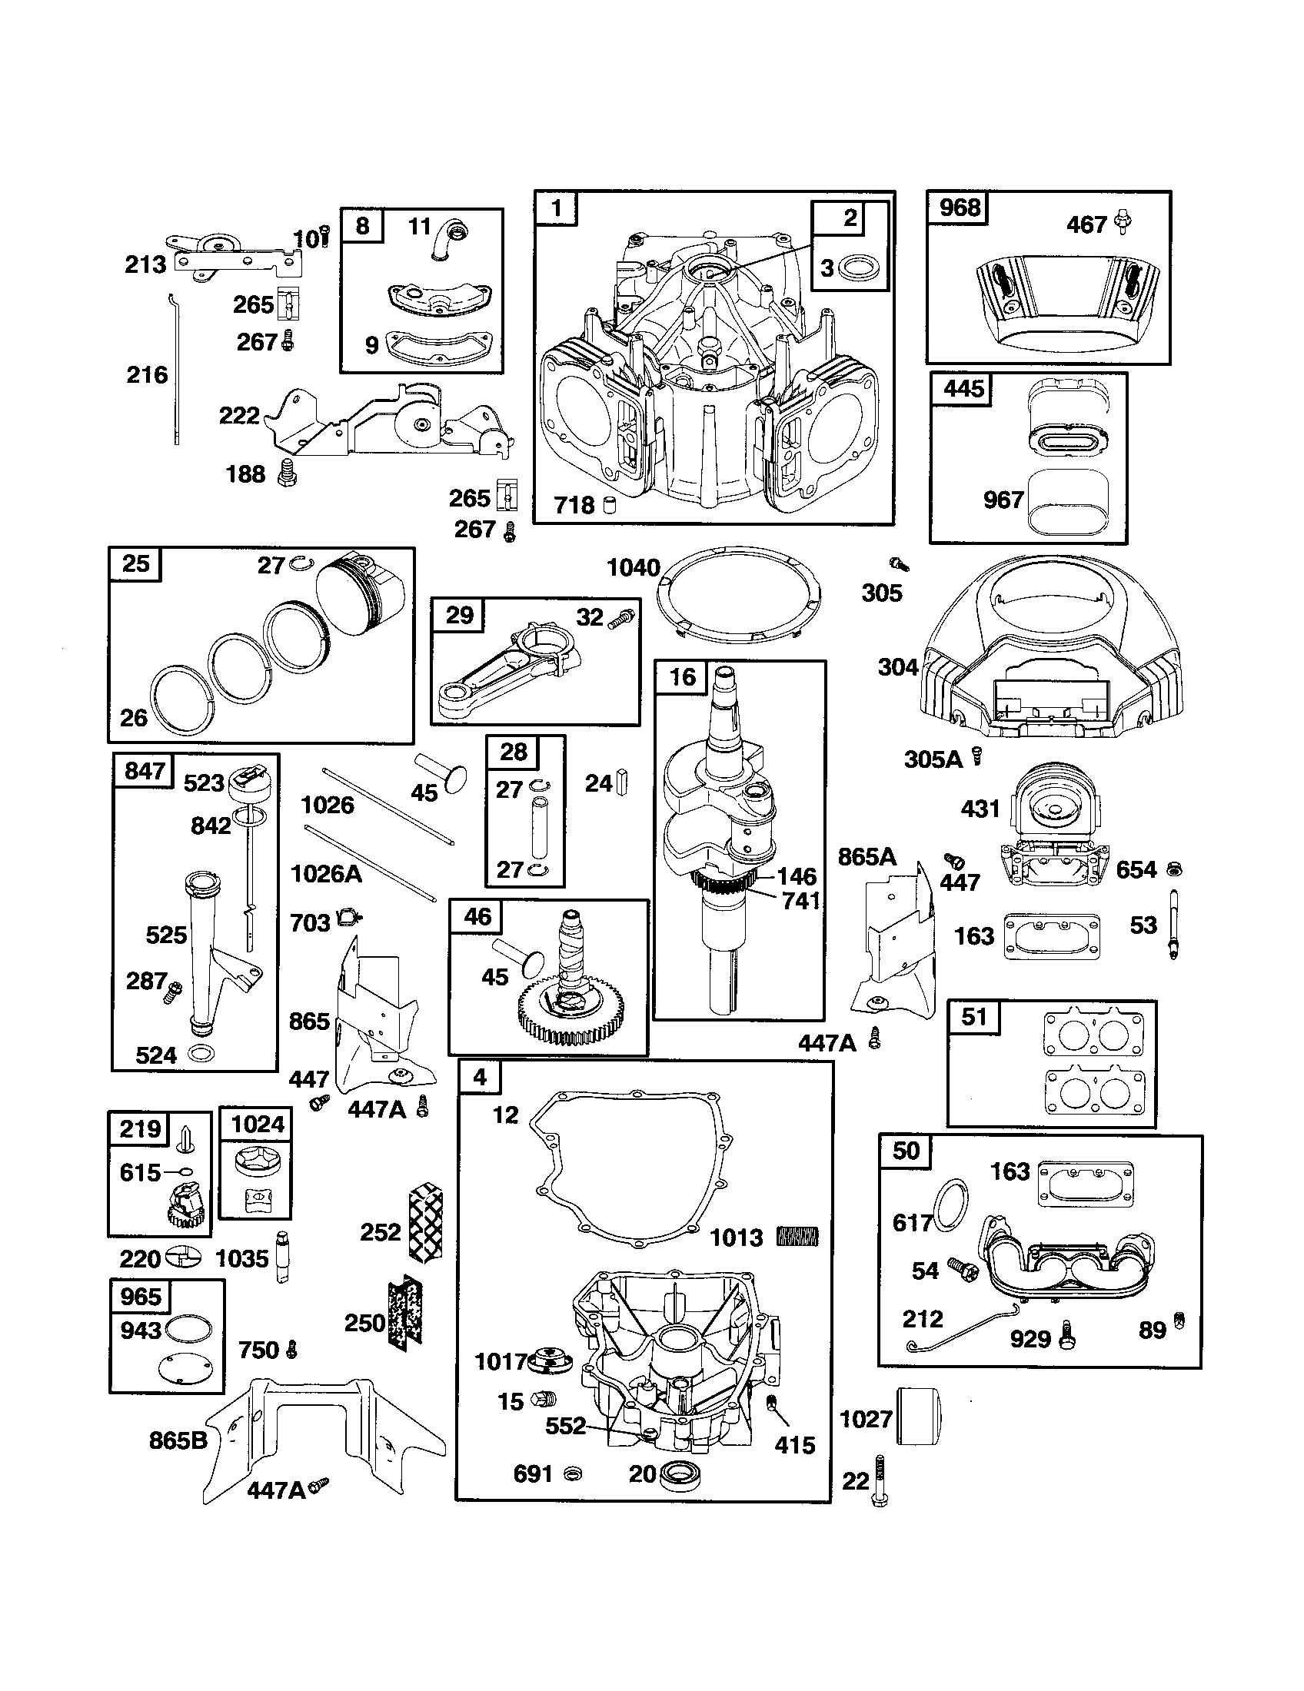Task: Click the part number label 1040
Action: pyautogui.click(x=633, y=567)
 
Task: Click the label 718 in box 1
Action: pyautogui.click(x=574, y=505)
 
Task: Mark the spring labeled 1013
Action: pyautogui.click(x=797, y=1237)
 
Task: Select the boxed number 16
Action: pyautogui.click(x=682, y=677)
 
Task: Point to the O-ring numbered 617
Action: pyautogui.click(x=952, y=1204)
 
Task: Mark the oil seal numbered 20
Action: pyautogui.click(x=679, y=1472)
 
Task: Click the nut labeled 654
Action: pyautogui.click(x=1173, y=869)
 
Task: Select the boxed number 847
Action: pyautogui.click(x=144, y=771)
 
